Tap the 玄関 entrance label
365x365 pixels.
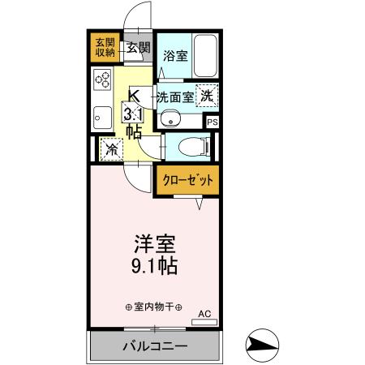tap(137, 48)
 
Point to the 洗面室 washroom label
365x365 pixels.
tap(174, 96)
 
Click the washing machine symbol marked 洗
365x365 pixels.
tap(208, 94)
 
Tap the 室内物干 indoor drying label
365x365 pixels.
tap(153, 307)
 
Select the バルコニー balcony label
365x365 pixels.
tap(154, 346)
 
